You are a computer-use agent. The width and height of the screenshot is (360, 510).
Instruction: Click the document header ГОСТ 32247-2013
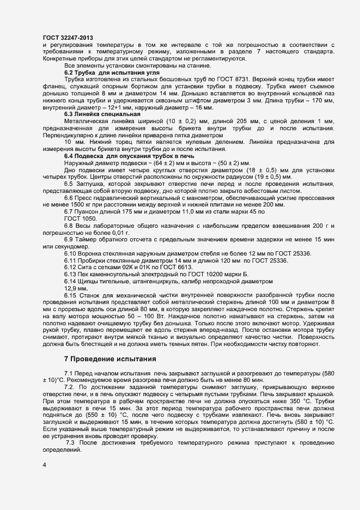pyautogui.click(x=67, y=37)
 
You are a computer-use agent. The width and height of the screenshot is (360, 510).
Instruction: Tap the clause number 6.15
pyautogui.click(x=70, y=295)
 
